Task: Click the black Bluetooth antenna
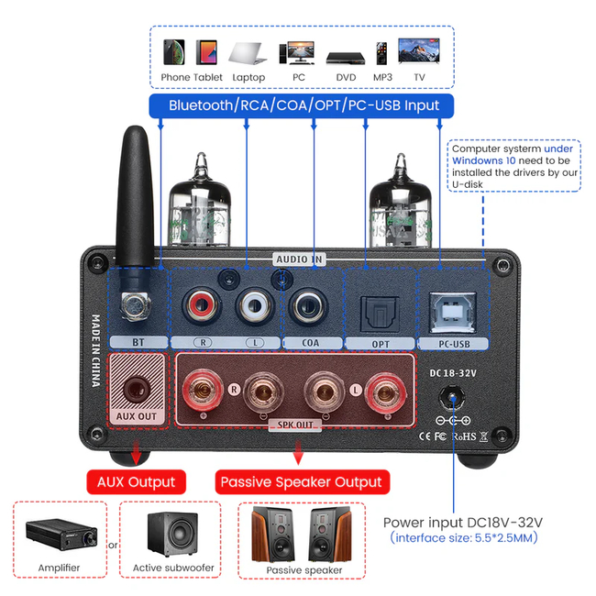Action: pyautogui.click(x=138, y=197)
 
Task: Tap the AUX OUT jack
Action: pyautogui.click(x=136, y=390)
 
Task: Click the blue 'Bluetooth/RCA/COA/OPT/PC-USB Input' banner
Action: pyautogui.click(x=304, y=105)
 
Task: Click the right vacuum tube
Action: pyautogui.click(x=396, y=206)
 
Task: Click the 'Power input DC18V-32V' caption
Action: pyautogui.click(x=463, y=522)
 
